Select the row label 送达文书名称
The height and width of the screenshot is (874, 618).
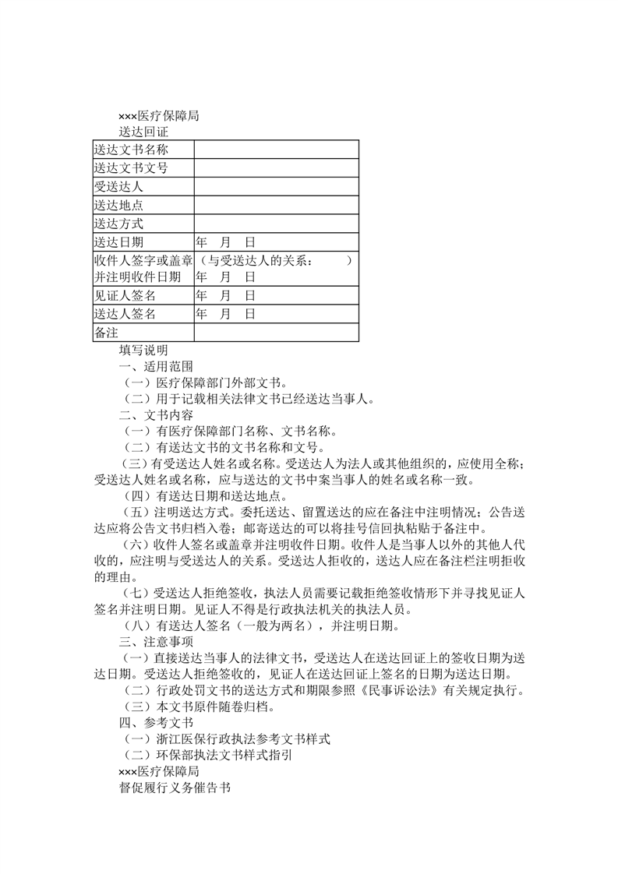point(131,150)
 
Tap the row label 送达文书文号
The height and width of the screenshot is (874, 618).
point(131,168)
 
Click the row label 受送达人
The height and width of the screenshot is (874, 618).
point(118,187)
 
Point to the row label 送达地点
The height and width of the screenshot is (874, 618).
point(118,206)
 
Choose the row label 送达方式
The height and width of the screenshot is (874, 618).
point(118,224)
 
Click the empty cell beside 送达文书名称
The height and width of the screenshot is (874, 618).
point(276,150)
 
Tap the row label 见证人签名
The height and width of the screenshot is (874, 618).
point(125,295)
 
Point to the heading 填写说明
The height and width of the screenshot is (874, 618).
point(143,350)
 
